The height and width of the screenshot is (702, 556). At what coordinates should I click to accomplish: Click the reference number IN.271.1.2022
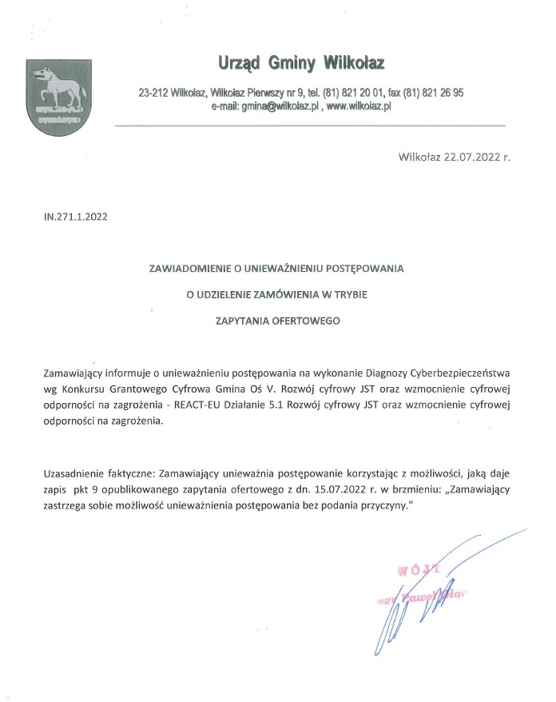coord(76,216)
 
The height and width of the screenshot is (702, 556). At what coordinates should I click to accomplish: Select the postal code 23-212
coord(152,93)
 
